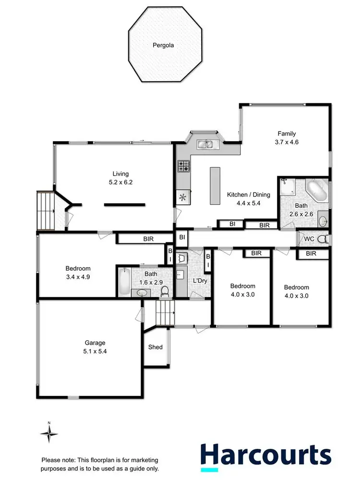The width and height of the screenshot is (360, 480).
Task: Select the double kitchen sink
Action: (207, 143)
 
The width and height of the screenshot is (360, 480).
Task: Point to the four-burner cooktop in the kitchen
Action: (184, 167)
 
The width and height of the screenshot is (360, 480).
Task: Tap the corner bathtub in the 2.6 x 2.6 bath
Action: (317, 191)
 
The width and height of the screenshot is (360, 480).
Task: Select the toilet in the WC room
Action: (323, 239)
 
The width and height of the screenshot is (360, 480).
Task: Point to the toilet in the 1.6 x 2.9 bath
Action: (165, 290)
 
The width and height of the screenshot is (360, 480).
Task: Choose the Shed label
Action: (156, 347)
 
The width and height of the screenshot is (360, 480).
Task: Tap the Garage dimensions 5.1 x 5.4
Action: (95, 351)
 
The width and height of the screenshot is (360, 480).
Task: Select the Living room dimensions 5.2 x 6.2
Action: (120, 182)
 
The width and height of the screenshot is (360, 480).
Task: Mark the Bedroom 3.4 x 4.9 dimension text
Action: (78, 277)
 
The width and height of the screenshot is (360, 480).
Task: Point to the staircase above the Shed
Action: (167, 312)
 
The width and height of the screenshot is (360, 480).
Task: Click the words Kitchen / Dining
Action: (249, 195)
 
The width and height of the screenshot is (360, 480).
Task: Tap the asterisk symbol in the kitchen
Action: (183, 197)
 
